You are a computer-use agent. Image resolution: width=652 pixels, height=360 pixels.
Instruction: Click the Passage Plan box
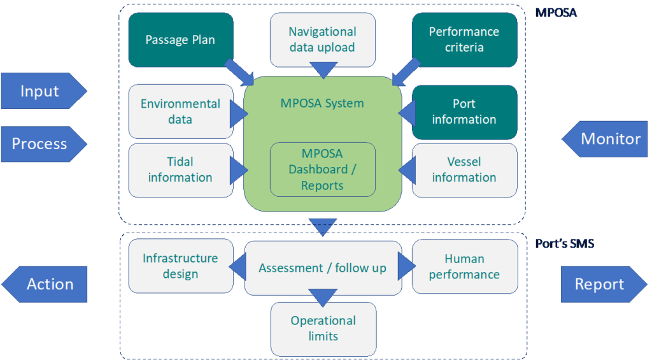tap(180, 40)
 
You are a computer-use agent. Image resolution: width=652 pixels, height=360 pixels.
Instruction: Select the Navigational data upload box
tap(322, 39)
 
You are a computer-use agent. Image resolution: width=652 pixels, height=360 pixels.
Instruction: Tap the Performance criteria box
tap(464, 39)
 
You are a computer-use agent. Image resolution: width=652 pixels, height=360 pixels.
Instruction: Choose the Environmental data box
tap(180, 112)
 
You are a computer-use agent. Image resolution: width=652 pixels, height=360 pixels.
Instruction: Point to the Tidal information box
tap(180, 169)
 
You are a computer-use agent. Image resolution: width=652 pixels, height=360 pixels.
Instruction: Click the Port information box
tap(464, 112)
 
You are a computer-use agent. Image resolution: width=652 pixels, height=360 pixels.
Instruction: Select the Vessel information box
tap(464, 169)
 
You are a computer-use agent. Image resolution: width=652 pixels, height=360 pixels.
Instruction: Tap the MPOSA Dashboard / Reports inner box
tap(322, 169)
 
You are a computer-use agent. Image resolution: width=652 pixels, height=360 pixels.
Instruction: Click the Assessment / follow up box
tap(322, 268)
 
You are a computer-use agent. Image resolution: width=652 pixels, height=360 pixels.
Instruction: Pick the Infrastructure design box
tap(180, 266)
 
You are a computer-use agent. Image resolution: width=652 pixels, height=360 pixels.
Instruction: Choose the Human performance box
tap(464, 266)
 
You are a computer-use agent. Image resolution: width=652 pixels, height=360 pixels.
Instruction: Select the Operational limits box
tap(323, 328)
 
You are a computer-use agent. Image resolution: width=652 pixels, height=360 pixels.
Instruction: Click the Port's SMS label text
tap(564, 243)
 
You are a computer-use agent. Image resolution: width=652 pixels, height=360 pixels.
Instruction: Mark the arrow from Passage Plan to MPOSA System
tap(239, 72)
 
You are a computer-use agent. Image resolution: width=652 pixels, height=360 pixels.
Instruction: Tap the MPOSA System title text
tap(322, 103)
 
